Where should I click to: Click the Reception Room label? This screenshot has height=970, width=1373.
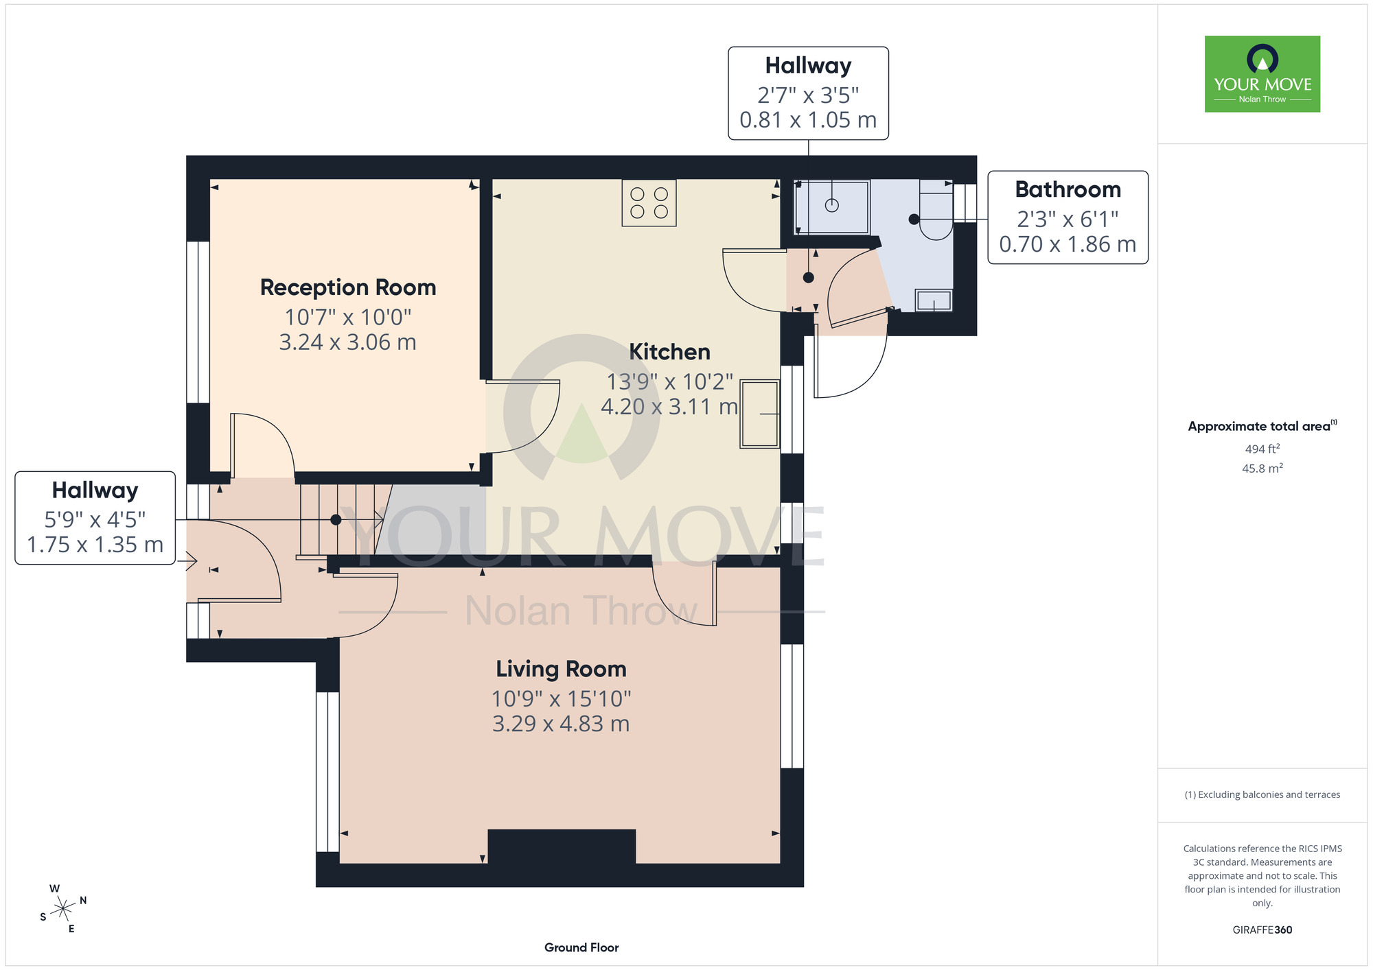coord(348,287)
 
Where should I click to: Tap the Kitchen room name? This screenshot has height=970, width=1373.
coord(669,352)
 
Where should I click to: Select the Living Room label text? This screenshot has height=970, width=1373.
coord(561,669)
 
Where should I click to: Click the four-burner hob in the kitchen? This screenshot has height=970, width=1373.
coord(649,203)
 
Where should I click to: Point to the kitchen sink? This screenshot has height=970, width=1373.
coord(759,414)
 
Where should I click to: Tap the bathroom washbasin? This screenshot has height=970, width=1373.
coord(934,300)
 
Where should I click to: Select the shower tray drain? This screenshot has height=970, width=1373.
coord(832,205)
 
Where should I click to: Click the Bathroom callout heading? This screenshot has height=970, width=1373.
coord(1068,189)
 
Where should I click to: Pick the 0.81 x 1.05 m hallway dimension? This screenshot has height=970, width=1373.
coord(808,120)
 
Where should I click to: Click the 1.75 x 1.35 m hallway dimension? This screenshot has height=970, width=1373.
coord(95,545)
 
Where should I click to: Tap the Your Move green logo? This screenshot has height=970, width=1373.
coord(1262,74)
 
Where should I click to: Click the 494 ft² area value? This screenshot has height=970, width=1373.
coord(1262,449)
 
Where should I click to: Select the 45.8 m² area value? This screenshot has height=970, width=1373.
coord(1262,469)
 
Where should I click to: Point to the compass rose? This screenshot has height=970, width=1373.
coord(63,909)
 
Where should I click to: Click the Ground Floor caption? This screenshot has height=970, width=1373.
coord(581,947)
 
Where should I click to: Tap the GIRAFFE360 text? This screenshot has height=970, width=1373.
coord(1262,930)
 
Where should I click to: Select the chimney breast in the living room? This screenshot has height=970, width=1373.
coord(562,847)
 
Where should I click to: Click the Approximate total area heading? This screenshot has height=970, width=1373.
coord(1262,426)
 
